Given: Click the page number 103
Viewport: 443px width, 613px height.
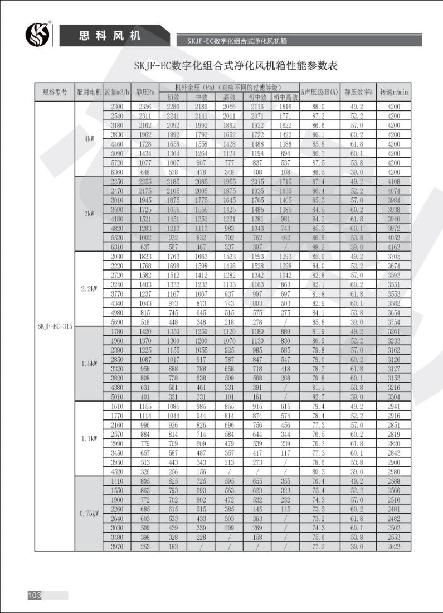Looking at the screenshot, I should (x=35, y=595).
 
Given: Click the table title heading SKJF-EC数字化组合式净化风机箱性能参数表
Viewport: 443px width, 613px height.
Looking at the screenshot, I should (x=236, y=65).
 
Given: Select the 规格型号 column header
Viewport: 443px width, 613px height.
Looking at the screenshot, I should (x=55, y=92).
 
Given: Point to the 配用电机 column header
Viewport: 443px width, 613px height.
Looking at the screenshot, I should (x=89, y=92).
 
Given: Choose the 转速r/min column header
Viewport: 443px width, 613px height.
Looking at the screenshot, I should (x=394, y=92).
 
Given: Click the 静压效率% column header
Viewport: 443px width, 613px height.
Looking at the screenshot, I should (x=358, y=92).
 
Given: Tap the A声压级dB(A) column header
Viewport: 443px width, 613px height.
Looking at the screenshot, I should (x=319, y=92).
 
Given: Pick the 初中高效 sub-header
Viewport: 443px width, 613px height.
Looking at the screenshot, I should (x=285, y=97).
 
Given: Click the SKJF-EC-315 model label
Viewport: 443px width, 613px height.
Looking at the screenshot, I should (x=55, y=326).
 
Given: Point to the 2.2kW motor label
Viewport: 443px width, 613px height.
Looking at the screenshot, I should (x=89, y=289).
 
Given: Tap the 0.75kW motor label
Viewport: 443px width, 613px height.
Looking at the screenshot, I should (x=89, y=514).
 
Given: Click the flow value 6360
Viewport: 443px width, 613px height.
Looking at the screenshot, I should (x=116, y=172).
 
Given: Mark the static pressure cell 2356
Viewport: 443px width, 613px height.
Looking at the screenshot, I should (x=145, y=107).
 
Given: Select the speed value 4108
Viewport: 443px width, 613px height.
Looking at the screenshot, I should (x=394, y=182).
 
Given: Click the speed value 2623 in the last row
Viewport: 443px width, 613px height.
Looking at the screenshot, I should (x=394, y=547).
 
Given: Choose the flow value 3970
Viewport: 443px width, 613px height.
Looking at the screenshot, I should (x=116, y=547).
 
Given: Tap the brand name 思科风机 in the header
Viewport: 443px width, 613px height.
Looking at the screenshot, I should (x=109, y=36).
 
